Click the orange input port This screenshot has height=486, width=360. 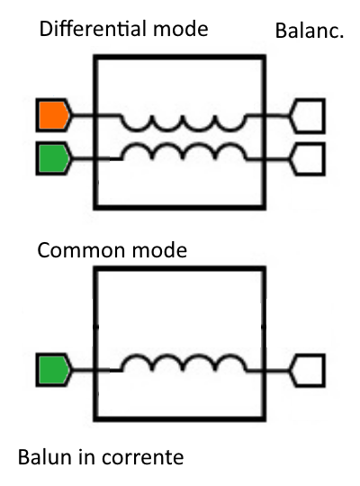53,115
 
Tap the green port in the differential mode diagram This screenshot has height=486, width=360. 53,158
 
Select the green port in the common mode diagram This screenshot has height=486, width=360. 53,370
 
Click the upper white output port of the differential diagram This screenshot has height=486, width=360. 307,116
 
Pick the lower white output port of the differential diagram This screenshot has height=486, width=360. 307,159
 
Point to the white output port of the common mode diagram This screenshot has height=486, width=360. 307,371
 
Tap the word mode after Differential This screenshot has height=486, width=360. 181,30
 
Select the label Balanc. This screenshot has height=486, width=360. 310,31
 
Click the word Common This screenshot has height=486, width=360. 82,250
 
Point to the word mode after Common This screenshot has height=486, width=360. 159,250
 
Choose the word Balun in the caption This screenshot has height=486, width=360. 45,457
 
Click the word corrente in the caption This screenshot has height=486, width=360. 142,458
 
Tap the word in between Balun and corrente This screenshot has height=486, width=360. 86,457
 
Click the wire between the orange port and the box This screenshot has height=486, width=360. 83,116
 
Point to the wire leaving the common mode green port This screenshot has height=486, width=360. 83,370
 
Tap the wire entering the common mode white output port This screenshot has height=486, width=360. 277,371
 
